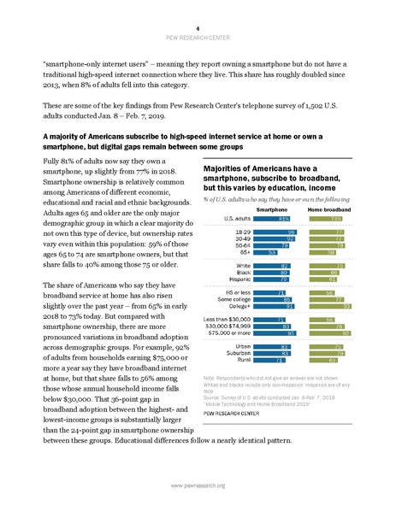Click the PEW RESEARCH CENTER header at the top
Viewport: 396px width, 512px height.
[198, 18]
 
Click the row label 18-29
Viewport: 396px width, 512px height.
[244, 232]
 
